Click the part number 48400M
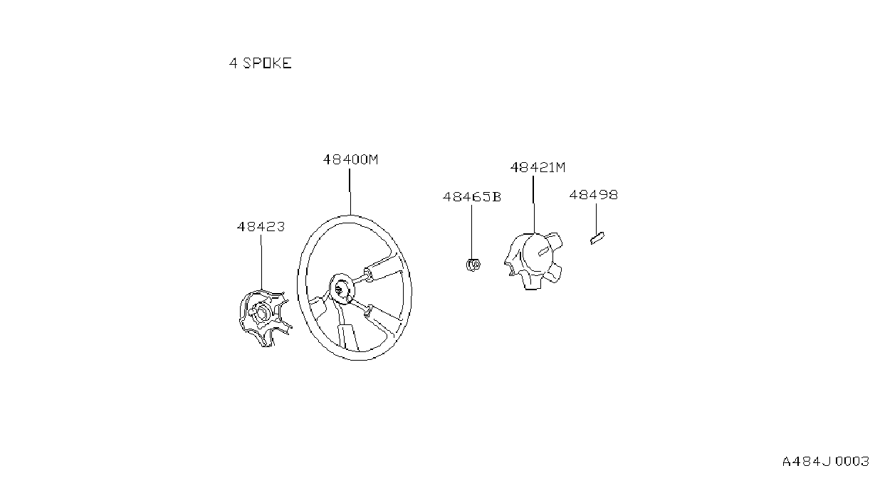pos(350,159)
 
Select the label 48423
pos(261,227)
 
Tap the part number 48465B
pos(471,197)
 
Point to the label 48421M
pos(538,167)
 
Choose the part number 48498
pos(593,195)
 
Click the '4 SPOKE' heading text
pos(260,63)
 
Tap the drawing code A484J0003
pos(826,462)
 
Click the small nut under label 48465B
pos(473,265)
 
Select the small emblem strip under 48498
pos(597,238)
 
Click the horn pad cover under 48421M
pos(533,260)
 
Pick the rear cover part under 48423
pos(265,318)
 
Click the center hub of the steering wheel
pos(342,289)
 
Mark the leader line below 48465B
pos(471,231)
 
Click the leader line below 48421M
pos(533,204)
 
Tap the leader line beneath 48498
pos(596,218)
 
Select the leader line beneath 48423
pos(261,262)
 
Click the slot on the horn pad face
pos(543,252)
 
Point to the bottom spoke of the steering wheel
pos(347,330)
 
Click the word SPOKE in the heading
pos(267,63)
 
